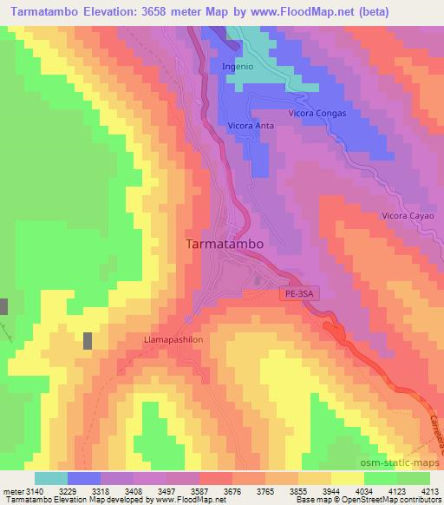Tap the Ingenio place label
tap(238, 66)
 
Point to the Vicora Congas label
tap(317, 114)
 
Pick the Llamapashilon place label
tap(173, 340)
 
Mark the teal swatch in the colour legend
tap(50, 478)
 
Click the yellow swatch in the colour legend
tap(347, 478)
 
